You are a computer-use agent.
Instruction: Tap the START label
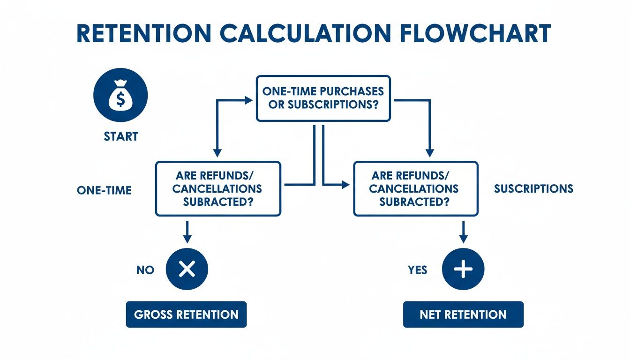[121, 136]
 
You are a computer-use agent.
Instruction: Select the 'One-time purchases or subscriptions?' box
[323, 98]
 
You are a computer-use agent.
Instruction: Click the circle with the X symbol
[187, 269]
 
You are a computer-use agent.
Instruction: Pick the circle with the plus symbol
[463, 269]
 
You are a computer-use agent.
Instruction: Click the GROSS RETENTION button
[186, 314]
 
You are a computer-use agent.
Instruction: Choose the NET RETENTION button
[463, 314]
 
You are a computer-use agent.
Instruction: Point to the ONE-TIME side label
[104, 190]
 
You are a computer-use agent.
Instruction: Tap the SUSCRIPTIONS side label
[533, 188]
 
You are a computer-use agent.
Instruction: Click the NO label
[145, 270]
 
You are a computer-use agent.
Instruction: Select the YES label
[418, 270]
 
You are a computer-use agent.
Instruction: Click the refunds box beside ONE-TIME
[218, 188]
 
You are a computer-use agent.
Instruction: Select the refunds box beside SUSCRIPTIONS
[415, 188]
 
